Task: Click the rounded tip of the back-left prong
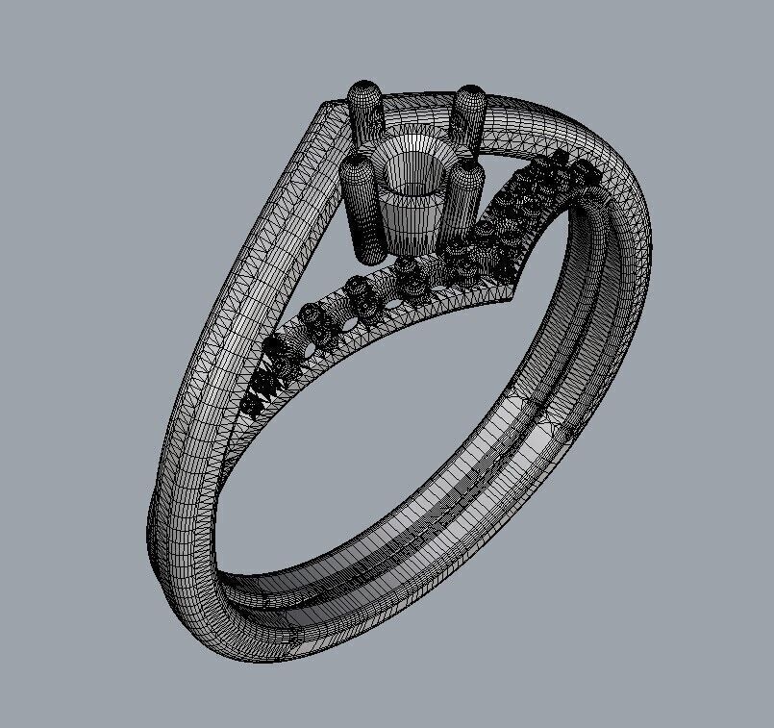click(x=363, y=94)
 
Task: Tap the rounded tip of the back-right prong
click(x=471, y=97)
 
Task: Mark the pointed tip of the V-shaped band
click(x=519, y=289)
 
